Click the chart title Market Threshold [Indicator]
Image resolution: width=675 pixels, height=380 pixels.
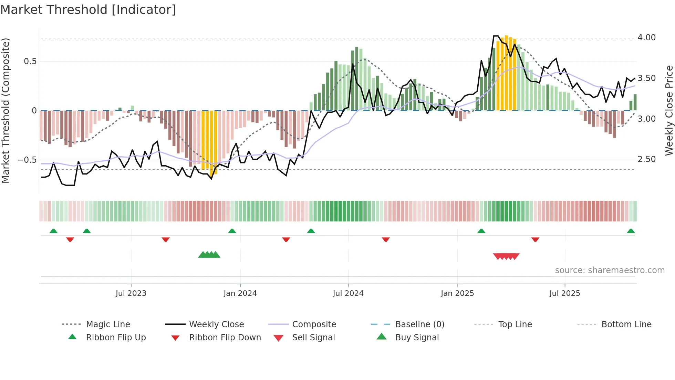[88, 10]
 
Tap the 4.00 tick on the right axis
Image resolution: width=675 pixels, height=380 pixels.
[646, 38]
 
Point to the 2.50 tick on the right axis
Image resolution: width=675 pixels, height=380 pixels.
[646, 159]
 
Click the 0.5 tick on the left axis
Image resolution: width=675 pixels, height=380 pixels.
[30, 61]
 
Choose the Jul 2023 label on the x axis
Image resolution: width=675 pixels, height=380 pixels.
[131, 293]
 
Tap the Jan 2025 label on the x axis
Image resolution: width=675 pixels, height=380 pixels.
[457, 293]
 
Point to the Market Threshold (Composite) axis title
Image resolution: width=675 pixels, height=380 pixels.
[6, 110]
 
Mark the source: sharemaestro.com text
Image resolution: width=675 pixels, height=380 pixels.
[610, 270]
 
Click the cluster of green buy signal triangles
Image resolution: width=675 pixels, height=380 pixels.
[209, 255]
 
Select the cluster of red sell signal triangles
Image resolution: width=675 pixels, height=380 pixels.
[506, 256]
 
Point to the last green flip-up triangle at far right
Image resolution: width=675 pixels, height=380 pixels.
[631, 231]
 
